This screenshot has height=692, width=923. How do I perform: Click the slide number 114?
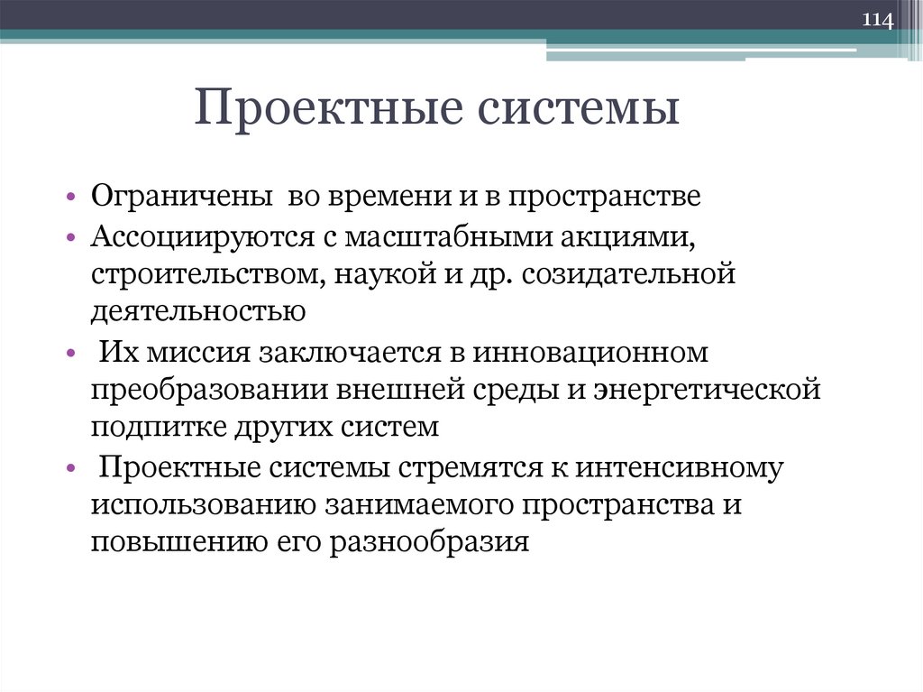[878, 20]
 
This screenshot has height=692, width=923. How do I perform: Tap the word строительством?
[209, 273]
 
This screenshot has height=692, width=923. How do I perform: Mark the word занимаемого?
[416, 505]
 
